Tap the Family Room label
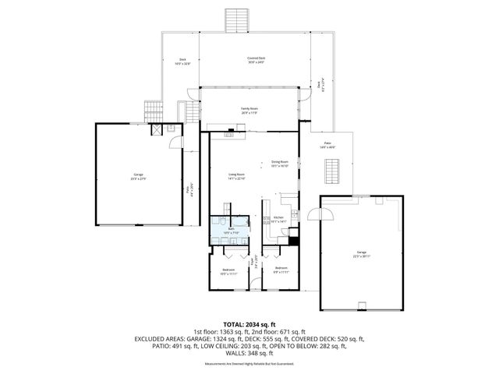click(249, 111)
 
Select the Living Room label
click(236, 176)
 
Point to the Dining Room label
click(280, 164)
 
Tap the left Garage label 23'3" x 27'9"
click(138, 177)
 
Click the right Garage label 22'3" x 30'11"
click(361, 254)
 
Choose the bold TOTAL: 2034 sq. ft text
click(249, 323)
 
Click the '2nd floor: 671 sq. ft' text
click(278, 331)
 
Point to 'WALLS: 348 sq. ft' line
click(249, 354)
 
